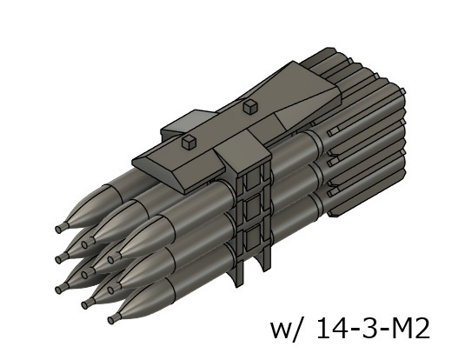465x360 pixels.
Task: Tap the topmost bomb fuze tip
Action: click(x=59, y=229)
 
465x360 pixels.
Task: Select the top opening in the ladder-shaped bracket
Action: click(x=252, y=185)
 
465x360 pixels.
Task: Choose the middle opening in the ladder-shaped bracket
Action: click(x=252, y=214)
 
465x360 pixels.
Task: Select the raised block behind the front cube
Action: click(x=196, y=129)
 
